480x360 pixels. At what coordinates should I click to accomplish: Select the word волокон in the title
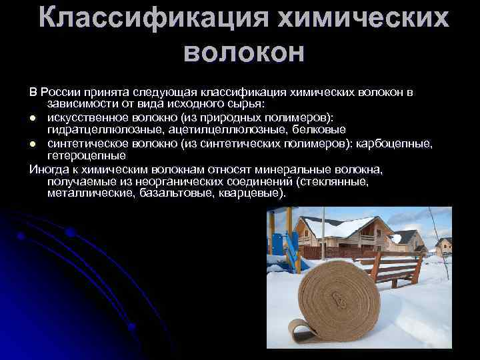tap(243, 53)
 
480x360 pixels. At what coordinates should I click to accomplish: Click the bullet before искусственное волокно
tap(33, 117)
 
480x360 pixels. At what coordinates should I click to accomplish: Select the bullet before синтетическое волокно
tap(33, 143)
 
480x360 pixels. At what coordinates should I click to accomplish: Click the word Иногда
tap(46, 170)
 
